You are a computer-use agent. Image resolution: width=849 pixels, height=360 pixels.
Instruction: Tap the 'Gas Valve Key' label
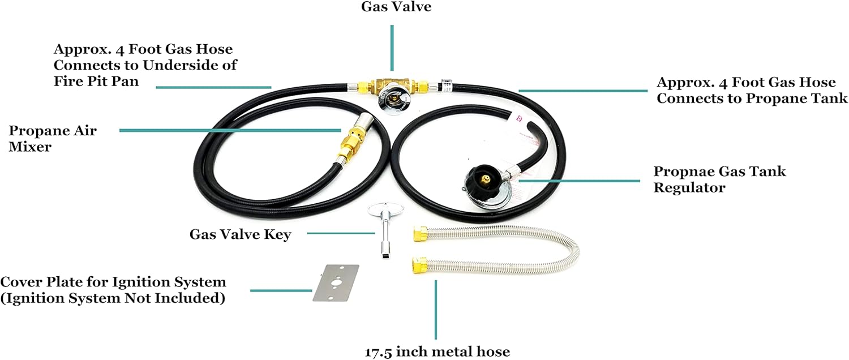pos(240,234)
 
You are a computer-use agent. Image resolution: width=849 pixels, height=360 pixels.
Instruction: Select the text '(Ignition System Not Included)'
pos(113,298)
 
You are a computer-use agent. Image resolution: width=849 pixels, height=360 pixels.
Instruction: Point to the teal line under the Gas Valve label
pos(391,48)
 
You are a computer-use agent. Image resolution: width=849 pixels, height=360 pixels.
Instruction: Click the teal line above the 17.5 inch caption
pos(436,309)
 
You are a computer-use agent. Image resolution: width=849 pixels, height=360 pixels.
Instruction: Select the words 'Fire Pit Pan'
pos(96,81)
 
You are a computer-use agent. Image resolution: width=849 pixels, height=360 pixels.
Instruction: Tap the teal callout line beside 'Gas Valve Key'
pos(340,233)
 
